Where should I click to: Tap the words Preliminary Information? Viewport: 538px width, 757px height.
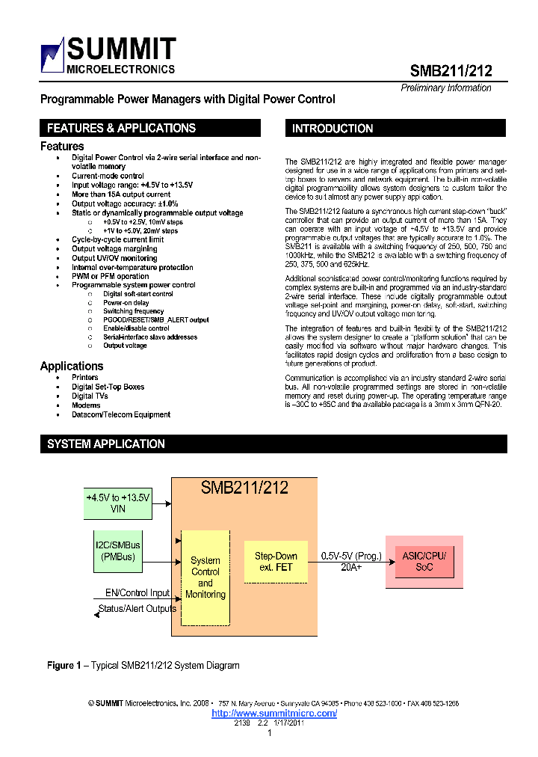[446, 88]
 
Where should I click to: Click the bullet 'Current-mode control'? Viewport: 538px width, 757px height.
[108, 176]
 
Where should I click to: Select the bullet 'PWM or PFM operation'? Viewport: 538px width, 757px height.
[110, 276]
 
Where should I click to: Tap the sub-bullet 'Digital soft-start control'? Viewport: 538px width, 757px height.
[137, 294]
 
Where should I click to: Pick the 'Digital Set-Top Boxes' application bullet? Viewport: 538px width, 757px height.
[108, 387]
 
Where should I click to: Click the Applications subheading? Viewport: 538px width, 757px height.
[72, 366]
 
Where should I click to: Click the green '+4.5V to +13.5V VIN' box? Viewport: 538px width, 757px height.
[117, 502]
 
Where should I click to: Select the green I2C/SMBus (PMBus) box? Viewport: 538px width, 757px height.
[118, 551]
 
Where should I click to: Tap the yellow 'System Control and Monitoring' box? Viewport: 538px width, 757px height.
[205, 577]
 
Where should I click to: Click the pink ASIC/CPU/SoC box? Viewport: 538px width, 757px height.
[424, 561]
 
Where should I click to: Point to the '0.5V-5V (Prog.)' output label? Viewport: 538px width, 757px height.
[351, 556]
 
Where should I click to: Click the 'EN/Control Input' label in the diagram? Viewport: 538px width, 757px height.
[137, 593]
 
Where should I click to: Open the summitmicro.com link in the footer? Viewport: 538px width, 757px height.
[274, 713]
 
